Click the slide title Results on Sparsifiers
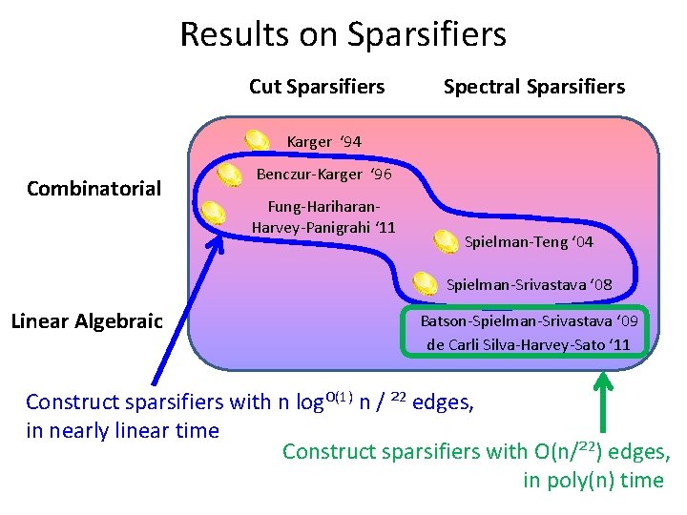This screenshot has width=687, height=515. (343, 35)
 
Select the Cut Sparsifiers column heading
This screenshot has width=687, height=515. (317, 87)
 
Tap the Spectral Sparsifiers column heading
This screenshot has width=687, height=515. (534, 87)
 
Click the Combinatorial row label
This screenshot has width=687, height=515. (94, 188)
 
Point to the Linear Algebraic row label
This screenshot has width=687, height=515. (86, 321)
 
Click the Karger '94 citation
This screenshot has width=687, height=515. (324, 142)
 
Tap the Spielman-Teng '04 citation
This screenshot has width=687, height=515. (529, 241)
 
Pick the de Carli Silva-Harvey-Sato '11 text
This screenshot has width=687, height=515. (528, 344)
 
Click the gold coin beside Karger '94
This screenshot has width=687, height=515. (255, 140)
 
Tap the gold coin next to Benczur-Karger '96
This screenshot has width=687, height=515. (229, 175)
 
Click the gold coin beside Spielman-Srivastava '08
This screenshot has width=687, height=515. (425, 283)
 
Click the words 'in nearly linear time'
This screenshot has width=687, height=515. (123, 430)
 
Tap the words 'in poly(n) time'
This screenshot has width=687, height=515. (593, 480)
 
